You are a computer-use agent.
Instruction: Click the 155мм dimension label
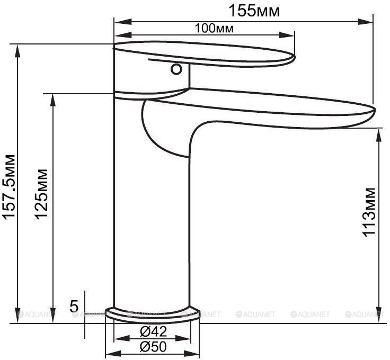[254, 11]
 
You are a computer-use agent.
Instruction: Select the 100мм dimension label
[214, 29]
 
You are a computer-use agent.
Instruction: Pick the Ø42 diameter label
[153, 331]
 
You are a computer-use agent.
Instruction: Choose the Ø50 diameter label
[153, 347]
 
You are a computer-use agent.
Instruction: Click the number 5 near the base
[74, 306]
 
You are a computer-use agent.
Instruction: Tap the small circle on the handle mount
[176, 69]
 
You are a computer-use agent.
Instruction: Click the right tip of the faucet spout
[375, 110]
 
